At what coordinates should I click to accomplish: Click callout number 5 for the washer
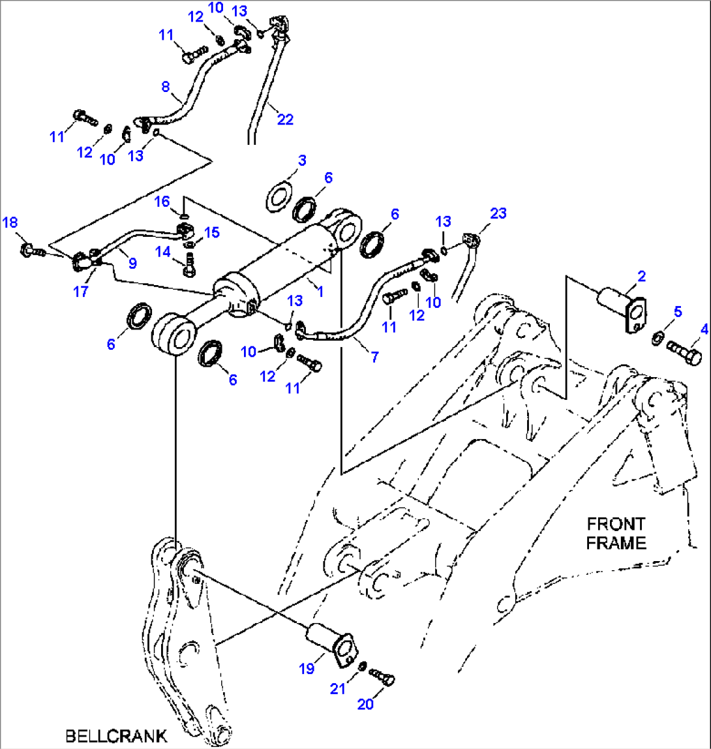click(x=678, y=313)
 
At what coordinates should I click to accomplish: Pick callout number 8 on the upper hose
click(x=165, y=87)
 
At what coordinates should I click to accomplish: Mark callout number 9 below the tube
click(x=132, y=264)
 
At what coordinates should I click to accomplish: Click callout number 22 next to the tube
click(x=285, y=119)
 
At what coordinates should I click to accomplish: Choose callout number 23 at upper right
click(x=498, y=213)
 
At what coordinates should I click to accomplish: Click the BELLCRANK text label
click(x=116, y=736)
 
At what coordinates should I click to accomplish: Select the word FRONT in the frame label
click(x=616, y=524)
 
